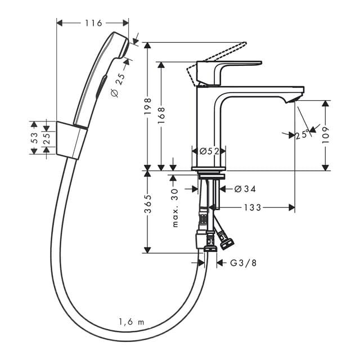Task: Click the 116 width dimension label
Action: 93,23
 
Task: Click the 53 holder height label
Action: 34,138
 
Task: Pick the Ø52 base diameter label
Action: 209,151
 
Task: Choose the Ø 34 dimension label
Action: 245,188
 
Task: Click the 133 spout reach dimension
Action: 253,208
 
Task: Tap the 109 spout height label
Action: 327,135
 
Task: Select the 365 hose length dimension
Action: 147,207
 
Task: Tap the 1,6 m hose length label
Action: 131,322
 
